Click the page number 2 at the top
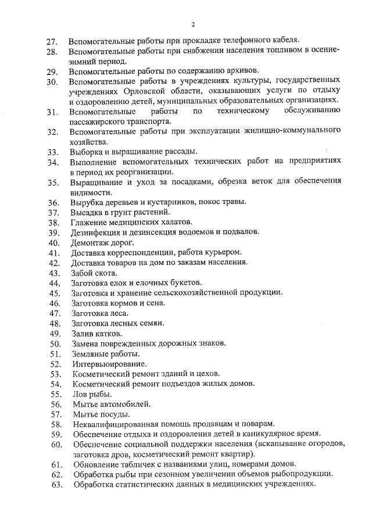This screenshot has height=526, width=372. (192, 24)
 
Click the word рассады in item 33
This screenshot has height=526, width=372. (180, 151)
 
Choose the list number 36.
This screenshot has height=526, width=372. (53, 202)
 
